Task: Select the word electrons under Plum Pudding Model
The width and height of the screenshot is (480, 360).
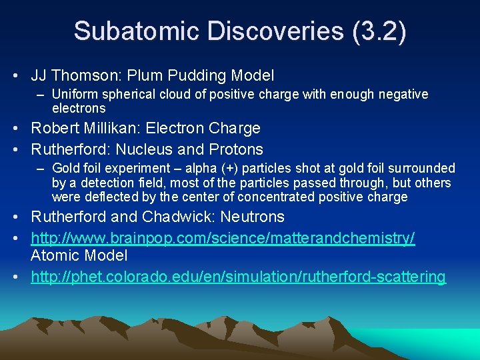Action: pos(79,108)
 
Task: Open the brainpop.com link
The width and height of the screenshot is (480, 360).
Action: pos(223,238)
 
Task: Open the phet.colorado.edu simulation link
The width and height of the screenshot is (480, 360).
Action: pos(238,277)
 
